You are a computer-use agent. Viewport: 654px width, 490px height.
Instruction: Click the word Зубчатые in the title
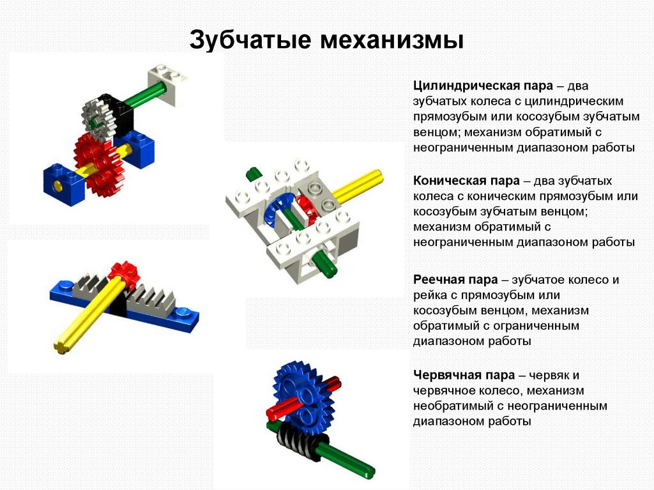tap(250, 40)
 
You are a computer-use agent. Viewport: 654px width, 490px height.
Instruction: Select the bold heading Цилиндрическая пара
tap(483, 86)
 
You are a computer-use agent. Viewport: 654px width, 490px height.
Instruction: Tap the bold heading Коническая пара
tap(466, 181)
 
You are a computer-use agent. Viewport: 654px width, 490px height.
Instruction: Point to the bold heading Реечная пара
tap(455, 279)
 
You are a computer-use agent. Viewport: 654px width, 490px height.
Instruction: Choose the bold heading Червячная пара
tap(464, 375)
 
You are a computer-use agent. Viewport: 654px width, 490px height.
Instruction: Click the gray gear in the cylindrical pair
tap(97, 119)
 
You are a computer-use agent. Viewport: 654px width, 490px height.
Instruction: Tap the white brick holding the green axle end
tap(166, 84)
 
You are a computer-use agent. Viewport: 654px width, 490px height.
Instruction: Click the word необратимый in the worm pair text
tap(454, 406)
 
